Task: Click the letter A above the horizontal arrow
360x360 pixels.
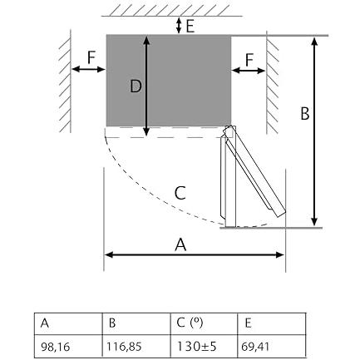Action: [x=180, y=244]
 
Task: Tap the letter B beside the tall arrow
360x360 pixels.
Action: [x=305, y=113]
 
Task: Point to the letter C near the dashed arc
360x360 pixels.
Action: [x=180, y=193]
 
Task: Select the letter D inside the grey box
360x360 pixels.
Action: [x=136, y=86]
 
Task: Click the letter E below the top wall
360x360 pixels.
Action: [x=190, y=26]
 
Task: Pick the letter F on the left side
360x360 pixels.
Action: [x=91, y=57]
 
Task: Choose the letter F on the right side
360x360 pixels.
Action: [x=249, y=60]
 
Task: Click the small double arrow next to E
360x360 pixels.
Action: [x=179, y=26]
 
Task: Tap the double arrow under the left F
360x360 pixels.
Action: [x=88, y=69]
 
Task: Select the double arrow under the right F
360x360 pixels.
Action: [x=249, y=71]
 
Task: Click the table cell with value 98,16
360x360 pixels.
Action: [x=68, y=346]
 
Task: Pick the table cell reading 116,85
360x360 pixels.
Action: [x=136, y=346]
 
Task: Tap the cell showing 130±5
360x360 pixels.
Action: [x=204, y=346]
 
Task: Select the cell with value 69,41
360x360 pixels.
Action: [x=272, y=346]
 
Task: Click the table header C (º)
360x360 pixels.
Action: [x=204, y=323]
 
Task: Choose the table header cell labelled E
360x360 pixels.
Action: [x=272, y=323]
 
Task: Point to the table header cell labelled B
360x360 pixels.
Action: [x=136, y=323]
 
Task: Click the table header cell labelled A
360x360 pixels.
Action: [x=68, y=323]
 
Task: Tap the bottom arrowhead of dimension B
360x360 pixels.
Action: [x=314, y=222]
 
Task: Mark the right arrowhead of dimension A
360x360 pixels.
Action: [x=279, y=255]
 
